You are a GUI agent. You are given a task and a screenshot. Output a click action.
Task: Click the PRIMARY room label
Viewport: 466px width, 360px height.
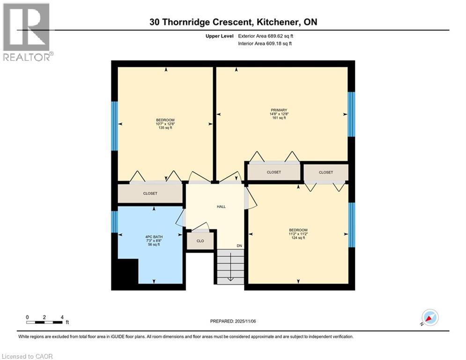281,110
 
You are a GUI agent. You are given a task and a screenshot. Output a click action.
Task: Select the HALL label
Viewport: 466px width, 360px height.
221,206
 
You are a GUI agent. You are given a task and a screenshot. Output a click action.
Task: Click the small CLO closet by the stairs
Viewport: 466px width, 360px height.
200,241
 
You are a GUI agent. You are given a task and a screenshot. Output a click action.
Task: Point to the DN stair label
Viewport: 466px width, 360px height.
239,247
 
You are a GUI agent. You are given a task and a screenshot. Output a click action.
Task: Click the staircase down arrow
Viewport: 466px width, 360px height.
230,278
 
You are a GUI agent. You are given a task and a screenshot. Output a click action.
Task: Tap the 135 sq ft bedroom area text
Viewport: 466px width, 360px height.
165,127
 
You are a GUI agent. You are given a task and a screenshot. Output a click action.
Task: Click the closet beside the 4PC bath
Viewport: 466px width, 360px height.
150,194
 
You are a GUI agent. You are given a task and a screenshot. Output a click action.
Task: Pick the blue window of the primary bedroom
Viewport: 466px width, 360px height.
351,114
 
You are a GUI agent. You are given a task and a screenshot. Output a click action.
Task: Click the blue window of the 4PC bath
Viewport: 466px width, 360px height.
114,222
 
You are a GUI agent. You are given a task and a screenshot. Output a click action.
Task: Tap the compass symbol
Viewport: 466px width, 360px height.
429,318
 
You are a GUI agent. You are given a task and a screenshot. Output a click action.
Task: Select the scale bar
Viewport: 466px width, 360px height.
45,322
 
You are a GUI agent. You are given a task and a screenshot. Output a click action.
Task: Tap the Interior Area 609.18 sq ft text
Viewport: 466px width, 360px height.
265,44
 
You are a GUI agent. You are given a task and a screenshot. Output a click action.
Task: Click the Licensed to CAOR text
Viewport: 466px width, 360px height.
28,356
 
